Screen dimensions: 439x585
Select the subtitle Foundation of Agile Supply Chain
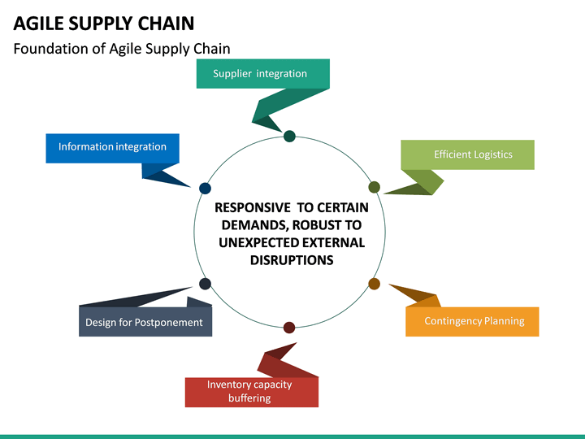pyautogui.click(x=122, y=49)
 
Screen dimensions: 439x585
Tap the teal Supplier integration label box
pyautogui.click(x=262, y=73)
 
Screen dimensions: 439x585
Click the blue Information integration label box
pyautogui.click(x=112, y=147)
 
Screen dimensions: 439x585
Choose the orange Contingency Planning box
pyautogui.click(x=474, y=321)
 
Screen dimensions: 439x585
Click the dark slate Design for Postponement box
pyautogui.click(x=145, y=322)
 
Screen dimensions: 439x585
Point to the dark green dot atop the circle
pyautogui.click(x=289, y=136)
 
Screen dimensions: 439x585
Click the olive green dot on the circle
pyautogui.click(x=375, y=187)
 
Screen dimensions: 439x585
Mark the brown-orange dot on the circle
pyautogui.click(x=375, y=284)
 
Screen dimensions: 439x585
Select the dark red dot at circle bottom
pyautogui.click(x=289, y=327)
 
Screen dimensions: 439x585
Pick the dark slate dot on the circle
pyautogui.click(x=205, y=284)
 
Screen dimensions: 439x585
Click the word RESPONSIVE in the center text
pyautogui.click(x=251, y=207)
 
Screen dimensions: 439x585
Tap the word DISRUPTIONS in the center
pyautogui.click(x=292, y=260)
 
